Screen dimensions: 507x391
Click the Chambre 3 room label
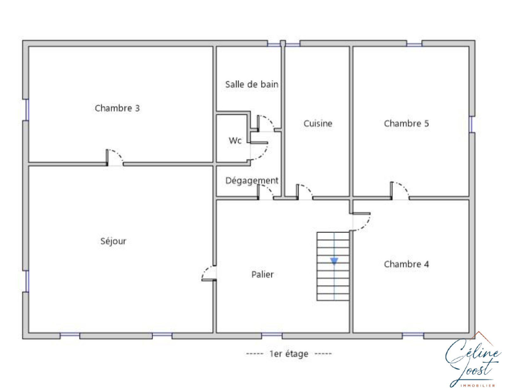(x=117, y=108)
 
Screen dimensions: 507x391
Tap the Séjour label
(x=113, y=241)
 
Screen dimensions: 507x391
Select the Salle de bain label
(x=252, y=84)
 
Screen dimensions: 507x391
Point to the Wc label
(x=235, y=140)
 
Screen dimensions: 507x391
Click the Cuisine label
(x=318, y=123)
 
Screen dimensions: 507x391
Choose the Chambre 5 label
(x=406, y=123)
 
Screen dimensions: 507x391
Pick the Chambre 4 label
(x=406, y=264)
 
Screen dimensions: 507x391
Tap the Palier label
(x=262, y=274)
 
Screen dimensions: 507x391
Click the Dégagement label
(x=252, y=180)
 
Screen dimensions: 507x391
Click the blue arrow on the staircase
(x=334, y=261)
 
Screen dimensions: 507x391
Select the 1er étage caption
(x=289, y=354)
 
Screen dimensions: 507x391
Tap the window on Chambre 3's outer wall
(x=27, y=110)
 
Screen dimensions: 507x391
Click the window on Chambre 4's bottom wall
(x=413, y=336)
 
